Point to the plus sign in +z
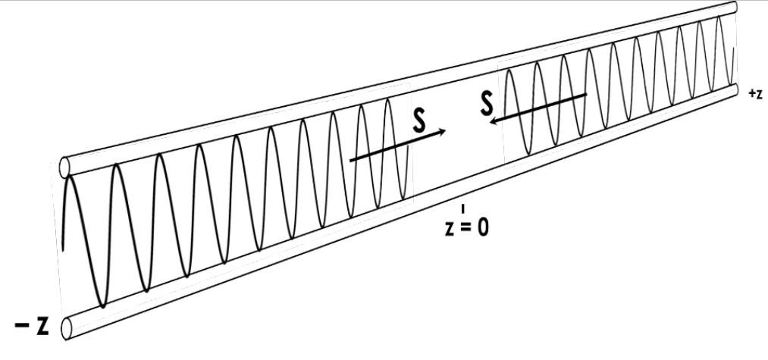pos(751,93)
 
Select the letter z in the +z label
pos(759,94)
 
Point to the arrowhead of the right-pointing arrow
pos(444,132)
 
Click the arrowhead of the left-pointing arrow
pos(494,119)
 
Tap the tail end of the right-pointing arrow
pos(350,160)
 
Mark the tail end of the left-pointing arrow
pos(586,94)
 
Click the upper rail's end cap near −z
pos(64,166)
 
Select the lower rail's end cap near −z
pos(66,327)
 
